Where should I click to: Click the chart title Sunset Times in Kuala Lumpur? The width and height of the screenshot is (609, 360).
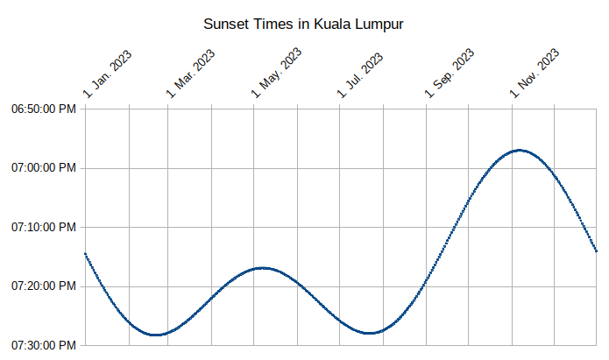pyautogui.click(x=303, y=24)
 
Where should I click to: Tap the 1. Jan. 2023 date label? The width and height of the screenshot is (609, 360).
pyautogui.click(x=108, y=74)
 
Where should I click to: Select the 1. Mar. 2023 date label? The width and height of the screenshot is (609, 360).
pyautogui.click(x=192, y=73)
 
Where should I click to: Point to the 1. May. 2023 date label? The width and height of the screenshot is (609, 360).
pyautogui.click(x=277, y=73)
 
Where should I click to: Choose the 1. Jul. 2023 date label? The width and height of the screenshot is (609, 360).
pyautogui.click(x=361, y=74)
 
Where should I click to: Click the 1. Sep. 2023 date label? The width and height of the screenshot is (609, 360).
pyautogui.click(x=450, y=73)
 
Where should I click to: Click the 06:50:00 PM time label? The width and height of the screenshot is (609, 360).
pyautogui.click(x=44, y=109)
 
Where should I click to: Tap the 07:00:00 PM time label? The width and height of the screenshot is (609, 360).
pyautogui.click(x=44, y=168)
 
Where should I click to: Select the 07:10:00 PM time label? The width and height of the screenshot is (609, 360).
pyautogui.click(x=44, y=227)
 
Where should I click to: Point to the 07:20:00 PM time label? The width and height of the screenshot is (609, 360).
pyautogui.click(x=44, y=286)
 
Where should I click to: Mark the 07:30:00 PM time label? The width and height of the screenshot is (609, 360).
pyautogui.click(x=44, y=344)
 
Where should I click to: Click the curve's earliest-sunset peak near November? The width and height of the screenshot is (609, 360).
pyautogui.click(x=520, y=150)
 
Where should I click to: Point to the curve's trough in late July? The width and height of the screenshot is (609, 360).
pyautogui.click(x=372, y=333)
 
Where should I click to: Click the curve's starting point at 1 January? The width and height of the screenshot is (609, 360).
pyautogui.click(x=85, y=253)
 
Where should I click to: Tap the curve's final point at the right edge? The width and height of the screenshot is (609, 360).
pyautogui.click(x=596, y=251)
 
